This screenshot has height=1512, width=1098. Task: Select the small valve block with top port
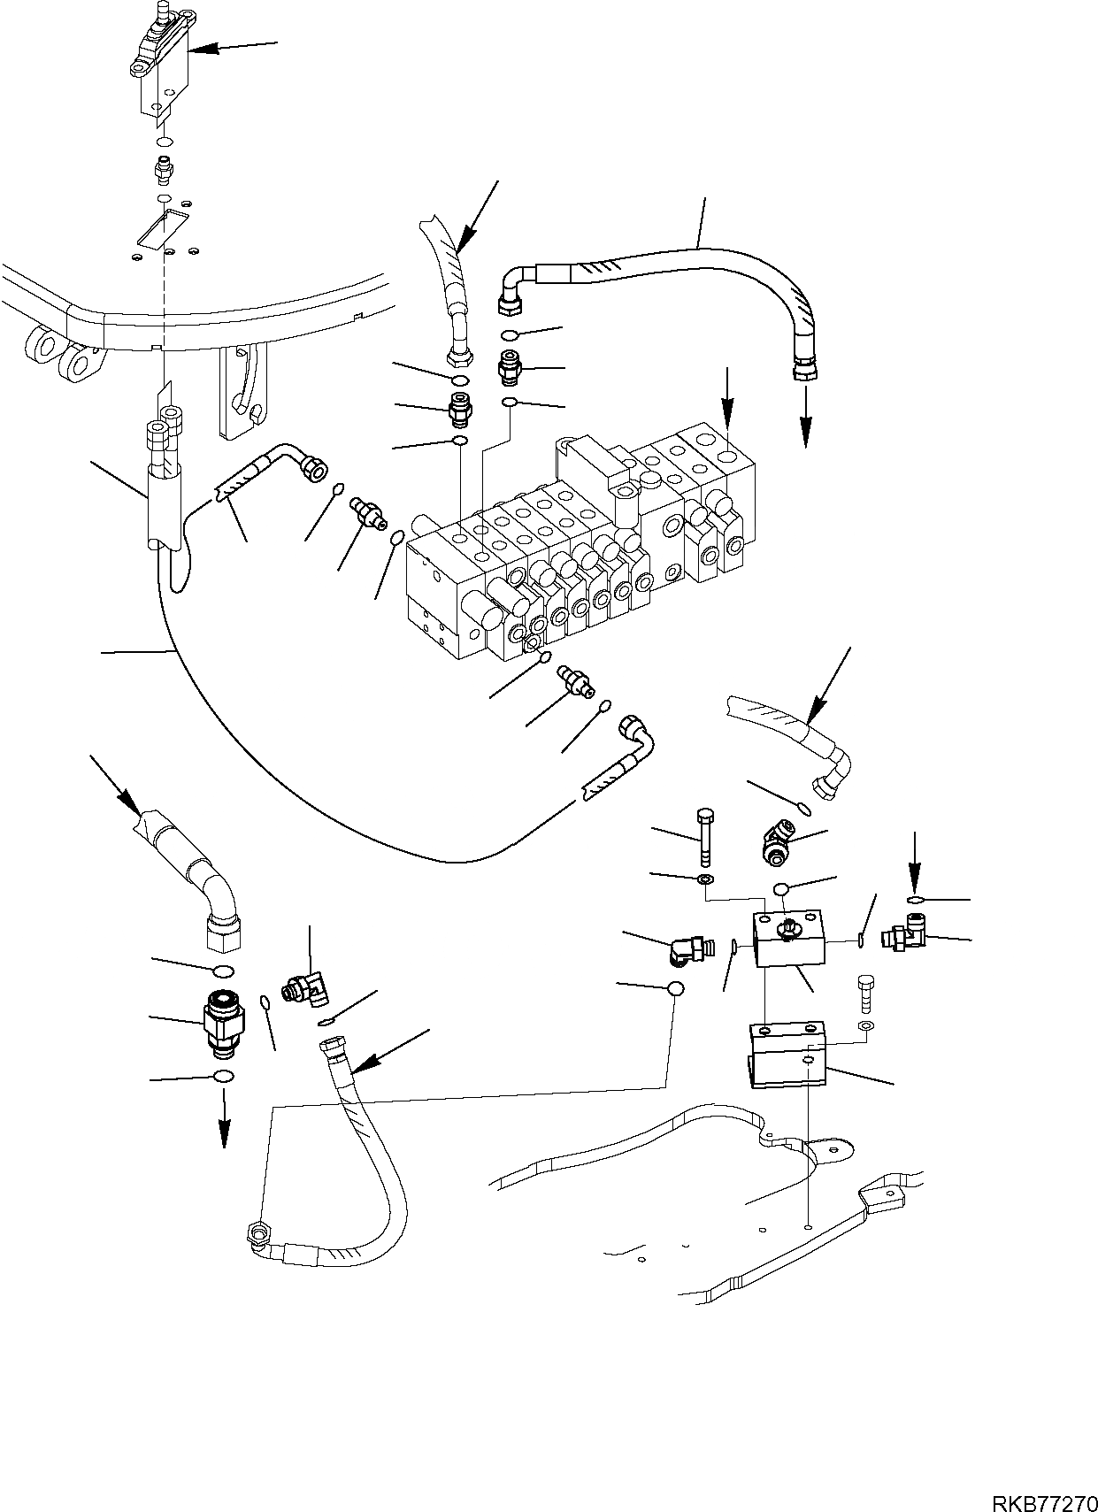click(x=788, y=940)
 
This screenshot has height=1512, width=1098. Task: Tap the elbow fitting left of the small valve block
click(x=688, y=951)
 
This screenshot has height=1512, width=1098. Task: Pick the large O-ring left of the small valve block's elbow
click(x=675, y=989)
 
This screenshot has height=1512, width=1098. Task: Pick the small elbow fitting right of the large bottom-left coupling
click(x=304, y=987)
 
